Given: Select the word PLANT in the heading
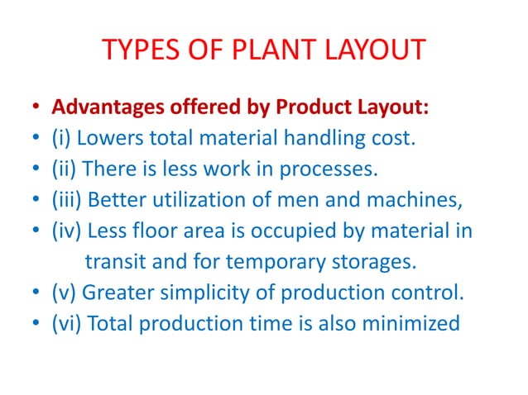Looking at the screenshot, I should click(x=257, y=51).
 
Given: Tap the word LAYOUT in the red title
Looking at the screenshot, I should click(x=370, y=51).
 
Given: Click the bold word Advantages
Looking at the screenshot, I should click(x=104, y=108).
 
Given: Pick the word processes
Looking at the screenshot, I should click(x=325, y=170).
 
